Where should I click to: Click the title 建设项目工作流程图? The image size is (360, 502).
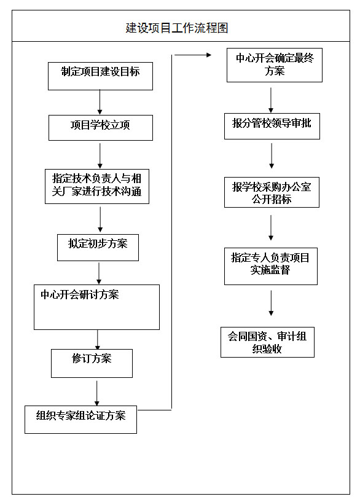coord(177,28)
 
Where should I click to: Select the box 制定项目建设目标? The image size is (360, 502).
coord(100,76)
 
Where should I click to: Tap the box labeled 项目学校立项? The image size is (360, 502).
coord(101,128)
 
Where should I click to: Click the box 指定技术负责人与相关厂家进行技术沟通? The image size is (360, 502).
coord(97,186)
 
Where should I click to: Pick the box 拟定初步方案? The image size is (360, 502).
coord(98,248)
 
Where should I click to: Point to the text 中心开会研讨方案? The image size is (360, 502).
coord(80,294)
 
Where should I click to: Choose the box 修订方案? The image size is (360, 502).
coord(92,363)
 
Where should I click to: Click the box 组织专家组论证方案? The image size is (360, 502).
coord(80,420)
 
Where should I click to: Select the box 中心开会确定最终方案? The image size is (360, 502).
coord(275,65)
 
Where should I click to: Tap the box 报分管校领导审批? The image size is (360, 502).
coord(272,126)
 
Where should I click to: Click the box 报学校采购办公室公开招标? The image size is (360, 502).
coord(272,192)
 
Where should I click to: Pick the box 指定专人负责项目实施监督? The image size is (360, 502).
coord(271,267)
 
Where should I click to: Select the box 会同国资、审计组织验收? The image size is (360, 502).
coord(267,342)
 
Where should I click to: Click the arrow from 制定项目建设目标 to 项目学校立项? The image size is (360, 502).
coord(100,102)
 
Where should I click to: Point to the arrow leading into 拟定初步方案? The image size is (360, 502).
coord(100,219)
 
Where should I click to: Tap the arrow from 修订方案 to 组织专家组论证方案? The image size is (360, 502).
coord(96,393)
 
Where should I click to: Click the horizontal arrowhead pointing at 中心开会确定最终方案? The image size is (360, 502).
coord(209,55)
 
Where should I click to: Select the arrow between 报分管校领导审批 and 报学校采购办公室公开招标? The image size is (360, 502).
coord(272,156)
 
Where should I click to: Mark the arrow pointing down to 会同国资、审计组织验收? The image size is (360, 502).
coord(271,303)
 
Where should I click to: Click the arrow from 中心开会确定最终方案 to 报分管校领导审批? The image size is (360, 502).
coord(271,100)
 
